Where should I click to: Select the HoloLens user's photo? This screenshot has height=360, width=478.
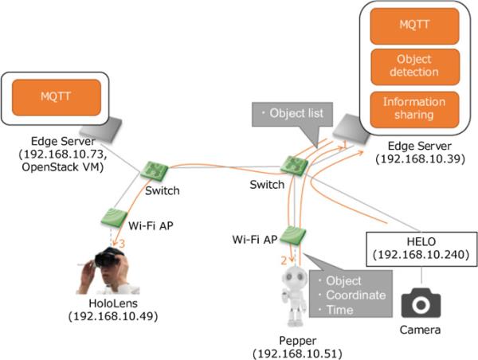coord(104,268)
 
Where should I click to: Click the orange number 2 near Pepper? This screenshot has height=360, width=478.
coord(284,260)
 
